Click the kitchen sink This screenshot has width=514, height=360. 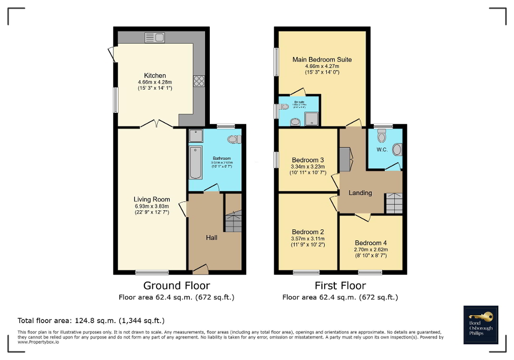point(157,37)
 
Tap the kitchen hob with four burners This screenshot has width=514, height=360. point(199,81)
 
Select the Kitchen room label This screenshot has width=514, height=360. point(154,75)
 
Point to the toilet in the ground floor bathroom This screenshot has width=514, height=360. point(234,139)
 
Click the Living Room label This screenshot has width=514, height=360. point(152,199)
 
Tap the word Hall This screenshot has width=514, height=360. point(211,238)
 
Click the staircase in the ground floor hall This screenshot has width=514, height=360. point(232,220)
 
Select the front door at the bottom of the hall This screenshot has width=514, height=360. point(200,270)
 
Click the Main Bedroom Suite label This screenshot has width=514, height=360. point(322,60)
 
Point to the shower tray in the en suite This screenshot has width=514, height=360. point(312,120)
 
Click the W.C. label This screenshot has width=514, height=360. point(382,150)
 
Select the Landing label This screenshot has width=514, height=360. point(360,193)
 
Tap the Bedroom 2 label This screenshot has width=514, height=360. point(308,232)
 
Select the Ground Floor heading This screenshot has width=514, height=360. point(177,286)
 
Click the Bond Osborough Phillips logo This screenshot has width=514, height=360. point(480,325)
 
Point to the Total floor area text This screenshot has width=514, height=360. point(91,320)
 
